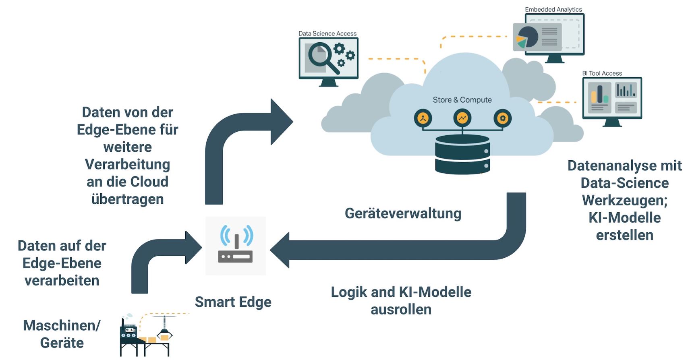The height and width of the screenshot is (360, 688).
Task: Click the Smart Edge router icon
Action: coord(236,246)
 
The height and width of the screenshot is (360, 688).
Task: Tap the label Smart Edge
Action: coord(233,302)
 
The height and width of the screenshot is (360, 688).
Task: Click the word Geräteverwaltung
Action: coord(403,213)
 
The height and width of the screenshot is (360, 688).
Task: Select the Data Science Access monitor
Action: coord(328,59)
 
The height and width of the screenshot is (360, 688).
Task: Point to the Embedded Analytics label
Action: coord(553,9)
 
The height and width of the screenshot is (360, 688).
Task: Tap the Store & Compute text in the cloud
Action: coord(462,100)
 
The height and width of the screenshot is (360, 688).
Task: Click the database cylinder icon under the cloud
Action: coord(462,154)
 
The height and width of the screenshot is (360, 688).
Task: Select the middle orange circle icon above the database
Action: coord(462,118)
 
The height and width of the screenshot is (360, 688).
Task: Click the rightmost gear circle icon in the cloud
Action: coord(502,118)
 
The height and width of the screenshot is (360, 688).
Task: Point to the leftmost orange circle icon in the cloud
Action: coord(423,118)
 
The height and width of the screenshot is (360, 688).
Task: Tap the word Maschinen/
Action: coord(62,325)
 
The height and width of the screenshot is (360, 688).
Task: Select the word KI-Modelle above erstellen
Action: coord(624,218)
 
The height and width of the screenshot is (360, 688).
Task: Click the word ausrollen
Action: coord(401,310)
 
